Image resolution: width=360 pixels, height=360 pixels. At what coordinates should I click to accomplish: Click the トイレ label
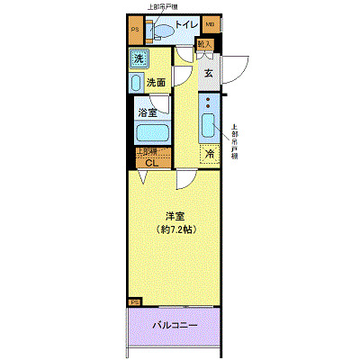coord(186,25)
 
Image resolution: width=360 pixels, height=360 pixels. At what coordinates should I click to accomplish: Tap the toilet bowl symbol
coord(164,31)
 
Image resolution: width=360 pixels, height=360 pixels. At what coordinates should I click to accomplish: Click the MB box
coord(210,25)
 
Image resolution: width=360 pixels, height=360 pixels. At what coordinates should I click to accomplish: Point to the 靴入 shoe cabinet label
coord(203,43)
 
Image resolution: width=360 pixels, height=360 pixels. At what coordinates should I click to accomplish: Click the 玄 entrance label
coord(207,75)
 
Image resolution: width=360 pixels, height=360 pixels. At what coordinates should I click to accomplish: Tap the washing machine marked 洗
coord(139,59)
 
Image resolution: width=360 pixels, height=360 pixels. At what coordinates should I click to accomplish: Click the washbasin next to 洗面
coord(136,85)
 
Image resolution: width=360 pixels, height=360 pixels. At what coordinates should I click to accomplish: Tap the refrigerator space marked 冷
coord(209,154)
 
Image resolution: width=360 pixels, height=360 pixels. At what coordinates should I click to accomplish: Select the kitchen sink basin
coord(209,125)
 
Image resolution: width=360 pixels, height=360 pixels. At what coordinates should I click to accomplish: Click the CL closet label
coord(152,163)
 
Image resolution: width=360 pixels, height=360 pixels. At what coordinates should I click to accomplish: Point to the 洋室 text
coord(175,215)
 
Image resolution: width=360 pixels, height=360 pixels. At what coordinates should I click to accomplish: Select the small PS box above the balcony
coord(135,301)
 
